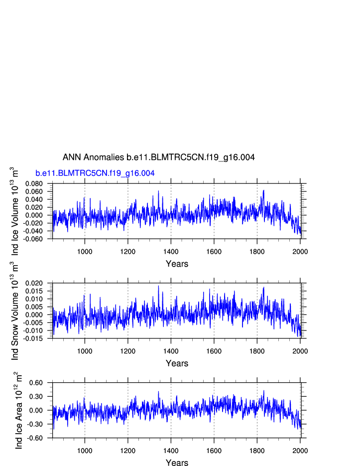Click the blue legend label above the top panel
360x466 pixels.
point(95,173)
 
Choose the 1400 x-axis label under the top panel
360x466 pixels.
point(171,251)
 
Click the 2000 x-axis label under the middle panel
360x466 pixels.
point(300,350)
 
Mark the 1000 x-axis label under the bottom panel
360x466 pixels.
point(85,450)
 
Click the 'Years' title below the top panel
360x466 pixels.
point(177,264)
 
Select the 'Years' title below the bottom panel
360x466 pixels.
point(177,463)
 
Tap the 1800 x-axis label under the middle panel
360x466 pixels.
point(257,350)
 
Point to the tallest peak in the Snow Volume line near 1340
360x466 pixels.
point(159,286)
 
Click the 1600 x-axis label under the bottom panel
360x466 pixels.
point(214,450)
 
